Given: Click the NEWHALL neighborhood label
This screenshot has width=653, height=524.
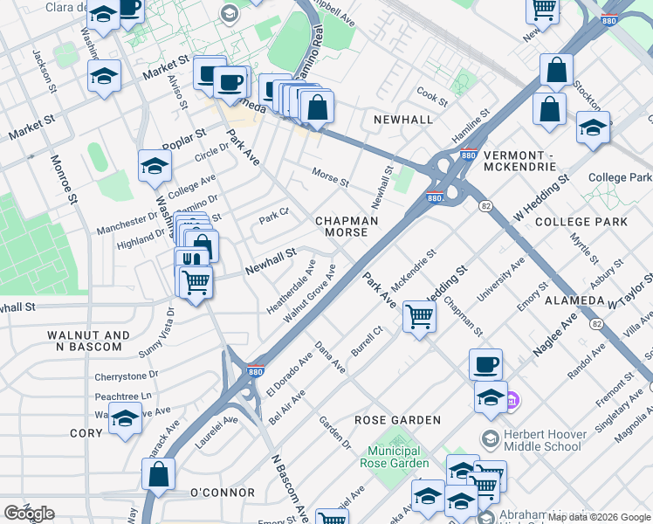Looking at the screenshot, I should click(x=402, y=119).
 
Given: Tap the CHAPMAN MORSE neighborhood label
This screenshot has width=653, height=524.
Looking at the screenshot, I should click(x=346, y=227).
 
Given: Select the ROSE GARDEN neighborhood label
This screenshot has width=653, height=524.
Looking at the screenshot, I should click(x=397, y=420).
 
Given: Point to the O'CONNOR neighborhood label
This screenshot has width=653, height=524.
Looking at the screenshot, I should click(x=223, y=493).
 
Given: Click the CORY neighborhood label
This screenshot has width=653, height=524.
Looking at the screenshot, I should click(x=86, y=433).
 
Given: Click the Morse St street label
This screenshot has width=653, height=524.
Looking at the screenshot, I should click(x=331, y=177).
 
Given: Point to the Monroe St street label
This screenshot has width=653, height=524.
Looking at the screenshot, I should click(x=64, y=181).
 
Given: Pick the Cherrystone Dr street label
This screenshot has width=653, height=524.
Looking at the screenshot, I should click(x=127, y=378).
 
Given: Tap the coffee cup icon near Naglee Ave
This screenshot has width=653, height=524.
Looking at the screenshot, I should click(x=485, y=363).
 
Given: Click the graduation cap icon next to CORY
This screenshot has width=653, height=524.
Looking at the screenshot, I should click(x=125, y=420).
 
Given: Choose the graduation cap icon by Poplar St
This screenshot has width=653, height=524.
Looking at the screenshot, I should click(x=154, y=165).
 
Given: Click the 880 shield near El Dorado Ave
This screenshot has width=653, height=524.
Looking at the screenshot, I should click(x=256, y=370).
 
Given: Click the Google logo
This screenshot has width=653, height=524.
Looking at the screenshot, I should click(x=30, y=513).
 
